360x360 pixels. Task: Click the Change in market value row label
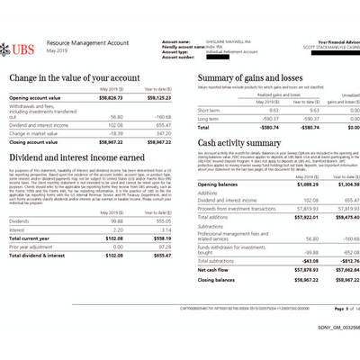(36, 132)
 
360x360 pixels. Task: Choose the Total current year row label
(32, 238)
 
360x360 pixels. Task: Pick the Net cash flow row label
(214, 268)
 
